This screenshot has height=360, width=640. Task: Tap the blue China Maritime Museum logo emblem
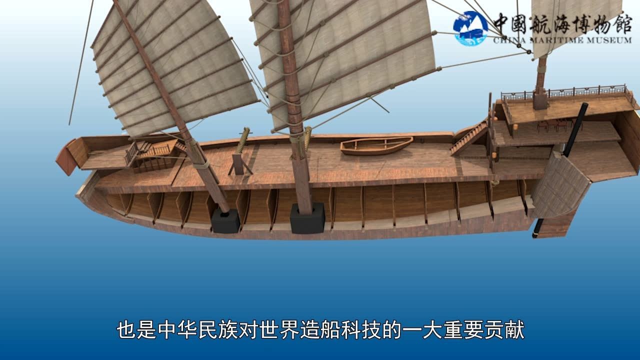point(470,28)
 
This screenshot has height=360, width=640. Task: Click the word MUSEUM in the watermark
point(609,40)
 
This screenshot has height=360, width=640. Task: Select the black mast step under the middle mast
point(307,218)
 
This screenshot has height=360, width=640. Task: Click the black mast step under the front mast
point(225,220)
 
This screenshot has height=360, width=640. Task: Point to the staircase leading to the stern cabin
point(468,138)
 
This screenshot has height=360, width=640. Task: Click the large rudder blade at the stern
point(560,185)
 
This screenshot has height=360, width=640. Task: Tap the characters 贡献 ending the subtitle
point(505,330)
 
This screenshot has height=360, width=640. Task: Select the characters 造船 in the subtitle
point(320,330)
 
